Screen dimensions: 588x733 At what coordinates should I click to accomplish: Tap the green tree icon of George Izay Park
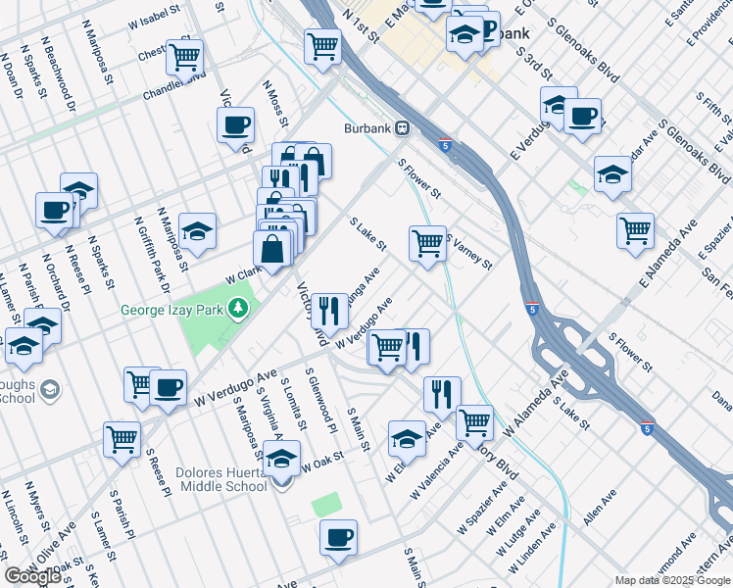pyautogui.click(x=237, y=310)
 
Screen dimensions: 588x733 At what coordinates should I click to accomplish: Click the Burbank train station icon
pyautogui.click(x=402, y=128)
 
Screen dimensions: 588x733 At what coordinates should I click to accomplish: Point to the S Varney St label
pyautogui.click(x=468, y=251)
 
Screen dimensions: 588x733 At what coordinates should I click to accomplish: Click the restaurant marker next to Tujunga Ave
pyautogui.click(x=330, y=311)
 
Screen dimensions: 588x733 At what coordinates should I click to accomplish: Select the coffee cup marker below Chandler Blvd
pyautogui.click(x=235, y=126)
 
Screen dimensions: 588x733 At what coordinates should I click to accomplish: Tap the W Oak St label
pyautogui.click(x=323, y=461)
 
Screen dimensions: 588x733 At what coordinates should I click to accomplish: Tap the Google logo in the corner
pyautogui.click(x=32, y=575)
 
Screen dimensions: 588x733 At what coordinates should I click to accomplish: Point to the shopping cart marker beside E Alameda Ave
pyautogui.click(x=635, y=229)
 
